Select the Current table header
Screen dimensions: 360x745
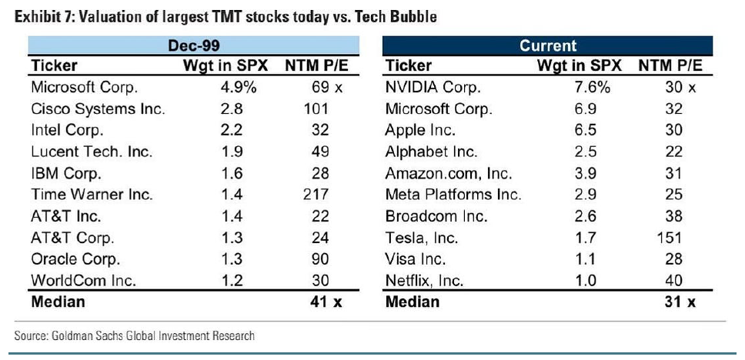click(x=547, y=46)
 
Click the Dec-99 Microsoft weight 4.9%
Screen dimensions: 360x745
click(x=238, y=88)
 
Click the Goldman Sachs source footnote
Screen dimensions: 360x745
click(x=135, y=335)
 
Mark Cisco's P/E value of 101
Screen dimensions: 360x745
click(x=316, y=109)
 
